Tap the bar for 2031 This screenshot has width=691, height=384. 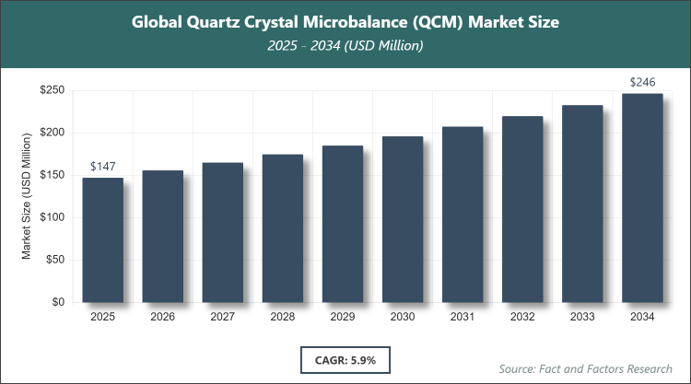[x=463, y=214]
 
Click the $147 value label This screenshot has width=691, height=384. [x=102, y=167]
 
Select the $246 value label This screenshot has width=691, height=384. [x=642, y=83]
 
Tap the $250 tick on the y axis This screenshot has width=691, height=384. [x=51, y=90]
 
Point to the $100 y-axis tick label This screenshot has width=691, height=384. [x=51, y=217]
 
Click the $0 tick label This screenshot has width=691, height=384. [x=57, y=302]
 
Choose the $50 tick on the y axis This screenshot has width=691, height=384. [x=53, y=260]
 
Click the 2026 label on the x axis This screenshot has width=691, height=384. [x=162, y=318]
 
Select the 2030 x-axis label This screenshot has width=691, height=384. [x=403, y=318]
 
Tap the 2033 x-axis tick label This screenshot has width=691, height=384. [x=582, y=318]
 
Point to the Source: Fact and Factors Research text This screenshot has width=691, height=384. [x=584, y=368]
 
